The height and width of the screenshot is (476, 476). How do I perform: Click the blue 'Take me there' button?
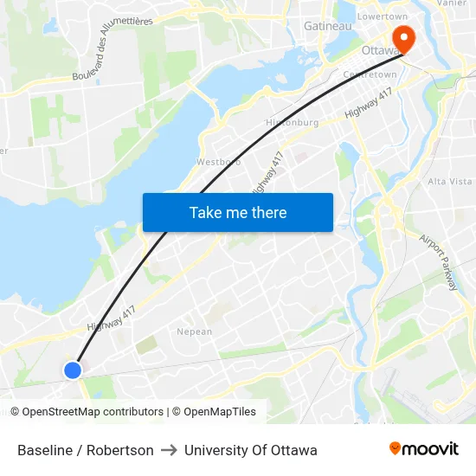point(238,212)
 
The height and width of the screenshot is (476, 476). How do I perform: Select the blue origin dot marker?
point(73,370)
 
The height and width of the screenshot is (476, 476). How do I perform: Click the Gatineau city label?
point(328,26)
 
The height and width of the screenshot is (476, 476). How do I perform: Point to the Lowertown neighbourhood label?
point(383,16)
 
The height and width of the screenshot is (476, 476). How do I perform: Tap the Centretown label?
point(370,75)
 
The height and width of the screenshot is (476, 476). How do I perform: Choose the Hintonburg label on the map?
point(293,122)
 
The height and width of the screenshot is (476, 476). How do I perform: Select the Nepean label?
point(194,331)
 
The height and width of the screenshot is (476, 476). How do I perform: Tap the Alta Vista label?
point(450,181)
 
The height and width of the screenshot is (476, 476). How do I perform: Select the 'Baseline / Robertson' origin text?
point(86,450)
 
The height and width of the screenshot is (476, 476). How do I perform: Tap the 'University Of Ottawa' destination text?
point(251,450)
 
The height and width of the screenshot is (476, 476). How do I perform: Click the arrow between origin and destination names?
point(169,450)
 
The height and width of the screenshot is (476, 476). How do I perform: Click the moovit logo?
point(424,449)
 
